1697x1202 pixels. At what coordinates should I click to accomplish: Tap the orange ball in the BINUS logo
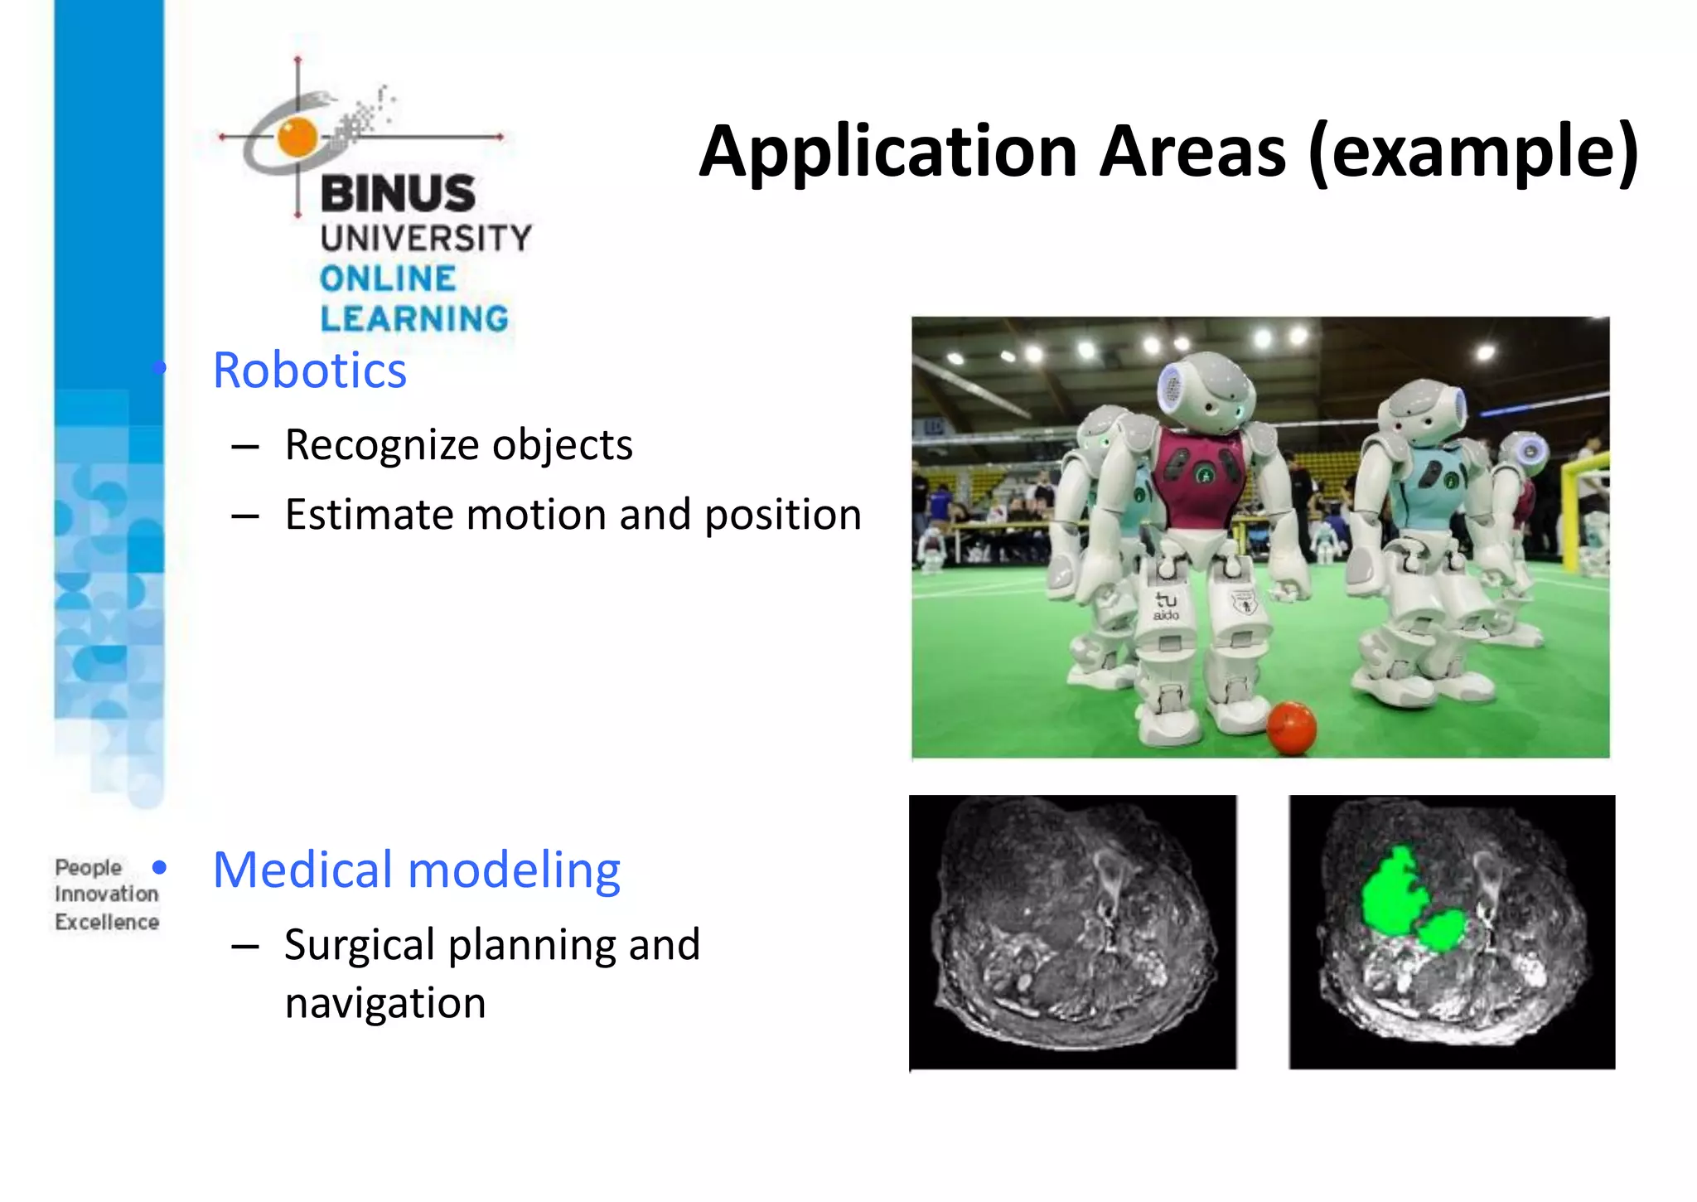pyautogui.click(x=297, y=137)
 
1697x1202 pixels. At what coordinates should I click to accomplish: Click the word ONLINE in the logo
pyautogui.click(x=388, y=279)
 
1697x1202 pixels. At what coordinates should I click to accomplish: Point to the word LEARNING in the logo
pyautogui.click(x=414, y=319)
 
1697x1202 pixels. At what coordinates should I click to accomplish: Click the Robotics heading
pyautogui.click(x=309, y=370)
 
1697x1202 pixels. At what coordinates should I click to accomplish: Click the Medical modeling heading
pyautogui.click(x=416, y=870)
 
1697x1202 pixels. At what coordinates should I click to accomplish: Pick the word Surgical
pyautogui.click(x=359, y=945)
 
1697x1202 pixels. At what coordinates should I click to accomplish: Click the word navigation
pyautogui.click(x=384, y=1003)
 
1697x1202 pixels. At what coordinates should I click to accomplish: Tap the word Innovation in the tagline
pyautogui.click(x=106, y=894)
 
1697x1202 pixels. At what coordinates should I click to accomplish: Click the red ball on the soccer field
pyautogui.click(x=1291, y=728)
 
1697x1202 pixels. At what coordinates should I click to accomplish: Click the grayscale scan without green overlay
pyautogui.click(x=1072, y=932)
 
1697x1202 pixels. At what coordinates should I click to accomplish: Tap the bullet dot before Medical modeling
pyautogui.click(x=160, y=868)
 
